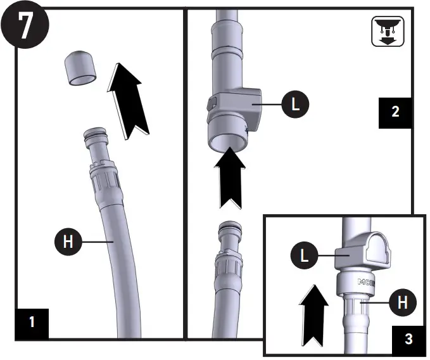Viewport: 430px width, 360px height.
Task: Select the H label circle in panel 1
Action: click(69, 241)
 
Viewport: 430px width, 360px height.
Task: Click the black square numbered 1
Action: click(32, 321)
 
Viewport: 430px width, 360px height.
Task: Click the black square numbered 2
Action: click(395, 112)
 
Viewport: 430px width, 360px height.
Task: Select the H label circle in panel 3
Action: click(402, 303)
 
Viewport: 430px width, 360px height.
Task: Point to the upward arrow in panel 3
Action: click(312, 314)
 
